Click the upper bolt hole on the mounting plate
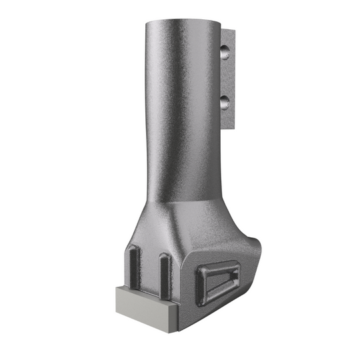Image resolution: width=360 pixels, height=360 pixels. [x=225, y=50]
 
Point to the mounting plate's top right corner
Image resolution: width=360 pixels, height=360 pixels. [x=234, y=30]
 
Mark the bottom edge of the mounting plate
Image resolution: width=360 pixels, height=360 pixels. [x=230, y=128]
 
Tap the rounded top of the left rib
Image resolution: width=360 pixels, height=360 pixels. [x=135, y=249]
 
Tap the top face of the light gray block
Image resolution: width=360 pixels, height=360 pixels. [x=143, y=293]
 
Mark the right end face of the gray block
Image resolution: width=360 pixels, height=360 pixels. [x=173, y=318]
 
